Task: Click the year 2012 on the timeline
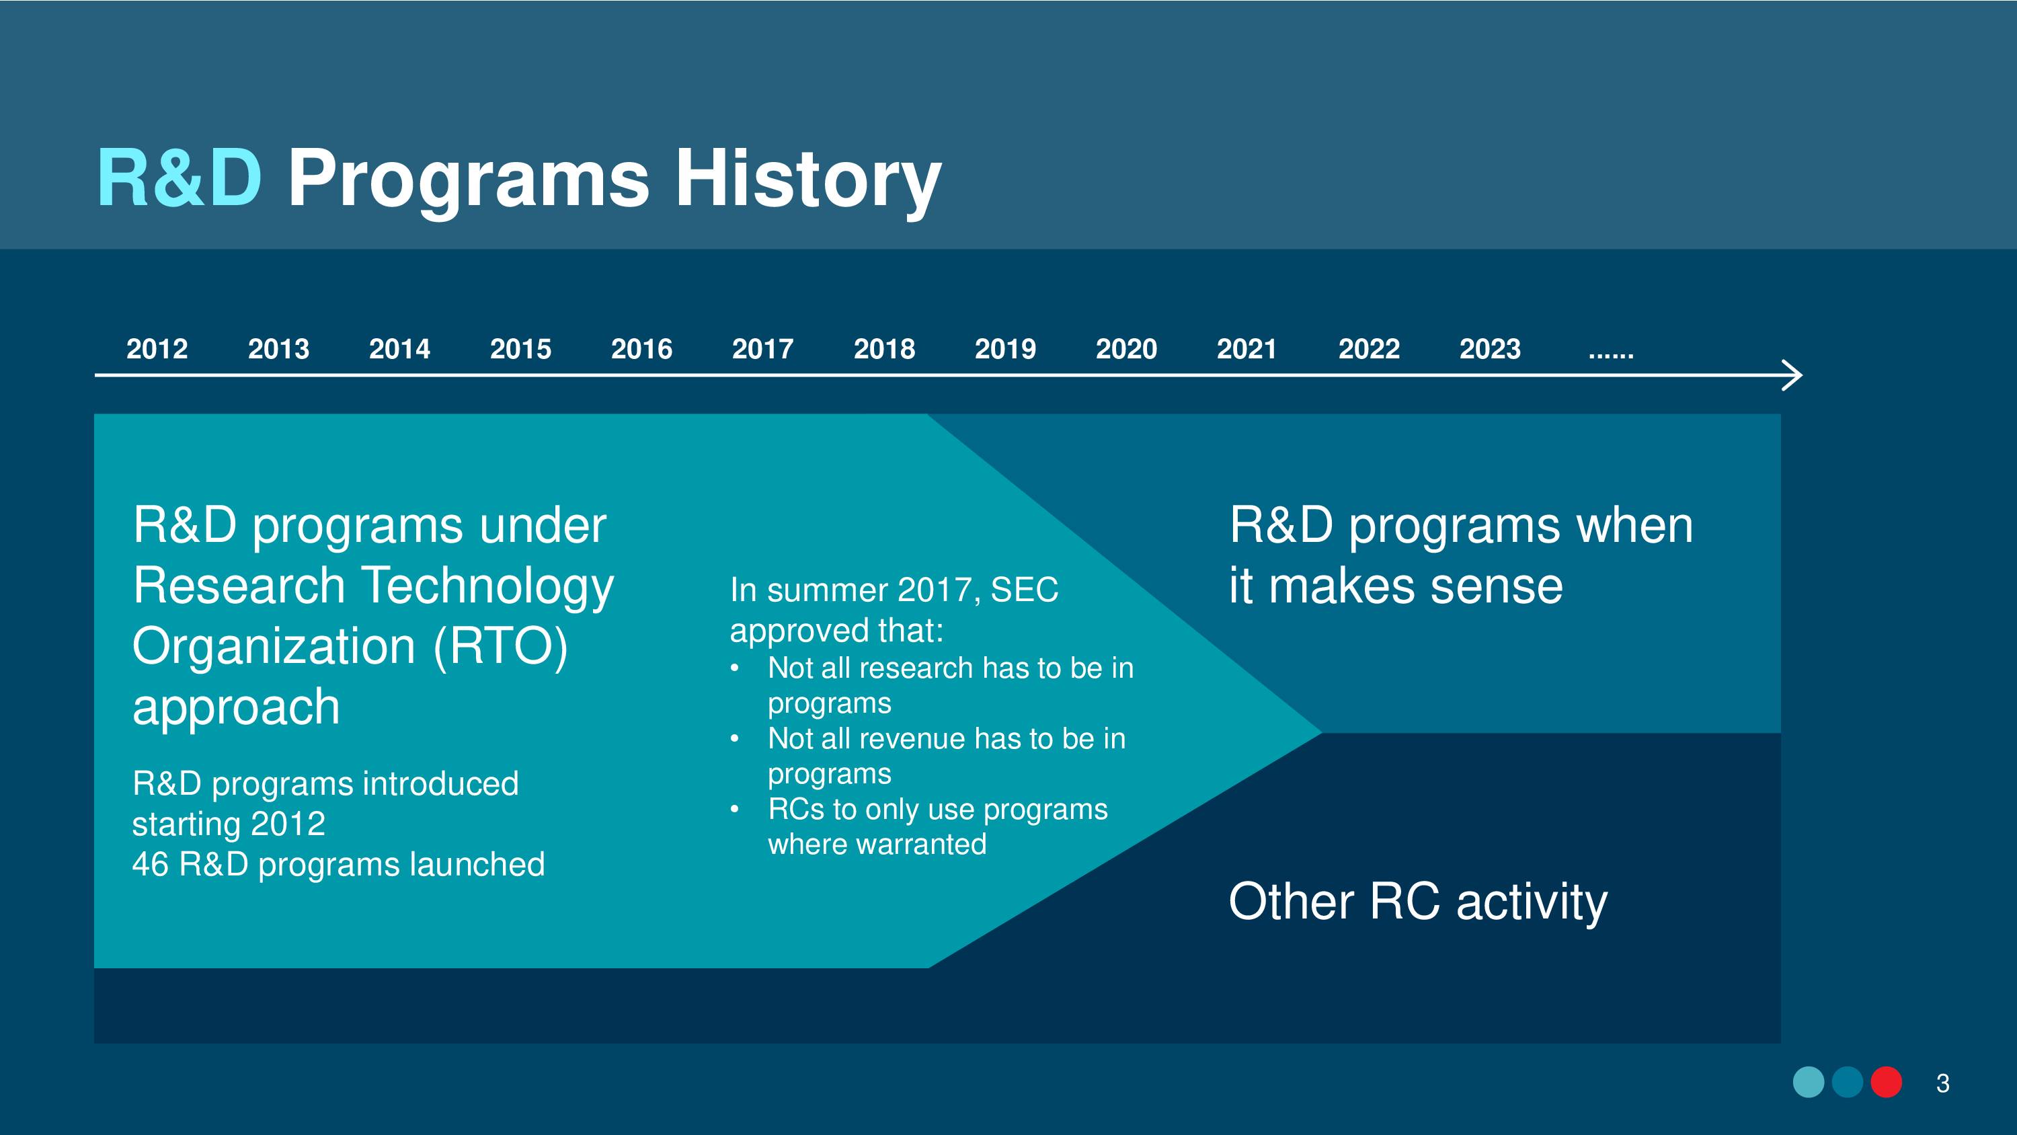(x=157, y=348)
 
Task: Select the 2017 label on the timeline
(x=762, y=348)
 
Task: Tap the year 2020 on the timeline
(x=1126, y=348)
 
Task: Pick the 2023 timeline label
(x=1490, y=348)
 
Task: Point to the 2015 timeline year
(x=520, y=348)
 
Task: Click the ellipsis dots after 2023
(x=1611, y=356)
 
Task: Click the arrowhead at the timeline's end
(x=1793, y=375)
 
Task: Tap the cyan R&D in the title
(x=180, y=179)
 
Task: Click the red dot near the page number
(x=1887, y=1083)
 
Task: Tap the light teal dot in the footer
(x=1809, y=1083)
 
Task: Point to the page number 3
(x=1942, y=1083)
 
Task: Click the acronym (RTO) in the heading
(x=500, y=647)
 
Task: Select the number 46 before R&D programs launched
(x=151, y=864)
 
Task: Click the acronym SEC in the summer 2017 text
(x=1024, y=590)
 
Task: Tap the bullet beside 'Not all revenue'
(x=734, y=740)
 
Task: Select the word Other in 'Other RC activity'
(x=1291, y=901)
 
